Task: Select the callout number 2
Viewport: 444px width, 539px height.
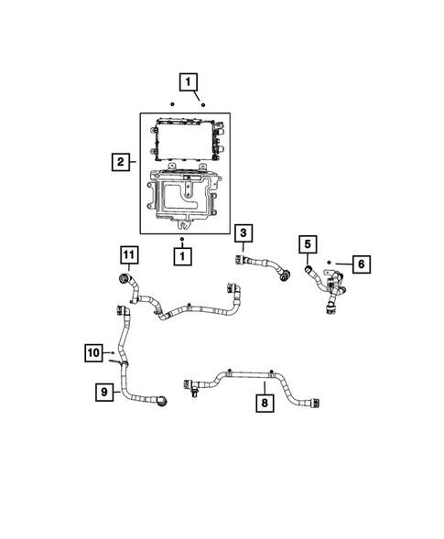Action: tap(120, 163)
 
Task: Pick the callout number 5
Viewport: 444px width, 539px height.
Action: tap(308, 243)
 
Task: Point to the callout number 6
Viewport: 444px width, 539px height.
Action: tap(361, 264)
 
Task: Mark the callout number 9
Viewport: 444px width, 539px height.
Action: tap(104, 392)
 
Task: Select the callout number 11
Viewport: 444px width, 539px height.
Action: tap(130, 253)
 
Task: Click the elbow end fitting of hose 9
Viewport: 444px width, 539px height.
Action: tap(160, 400)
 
